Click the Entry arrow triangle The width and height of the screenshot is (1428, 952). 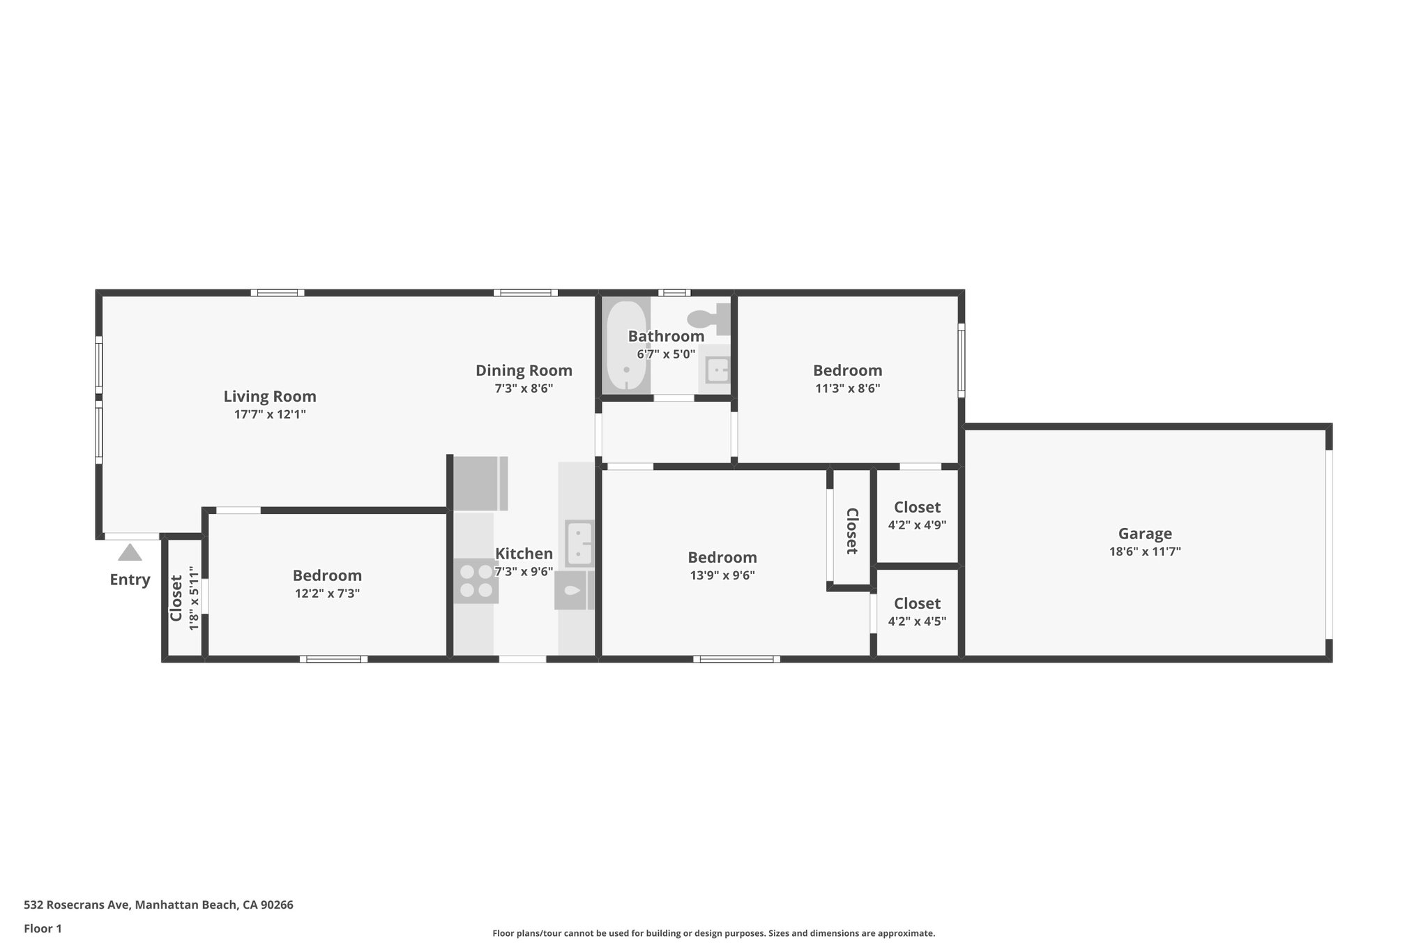coord(130,553)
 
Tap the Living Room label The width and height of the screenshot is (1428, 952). coord(270,396)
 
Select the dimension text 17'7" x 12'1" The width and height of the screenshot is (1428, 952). coord(270,414)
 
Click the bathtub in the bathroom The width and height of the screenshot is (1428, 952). coord(626,346)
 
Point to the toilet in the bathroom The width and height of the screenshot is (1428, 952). coord(708,319)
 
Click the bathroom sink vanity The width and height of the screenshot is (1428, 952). coord(715,369)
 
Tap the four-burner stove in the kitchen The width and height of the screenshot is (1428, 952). coord(476,581)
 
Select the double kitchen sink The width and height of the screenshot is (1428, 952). coord(579,543)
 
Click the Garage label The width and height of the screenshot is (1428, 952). coord(1145,534)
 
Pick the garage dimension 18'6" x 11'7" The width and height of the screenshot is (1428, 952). coord(1145,552)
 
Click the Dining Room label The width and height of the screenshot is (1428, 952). coord(524,370)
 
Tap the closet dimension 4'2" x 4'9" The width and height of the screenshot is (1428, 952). coord(917,525)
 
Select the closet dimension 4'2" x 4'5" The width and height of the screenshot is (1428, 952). coord(917,621)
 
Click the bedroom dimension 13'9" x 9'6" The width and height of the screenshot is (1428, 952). coord(722,575)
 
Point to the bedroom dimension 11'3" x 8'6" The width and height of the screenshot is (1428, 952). coord(847,388)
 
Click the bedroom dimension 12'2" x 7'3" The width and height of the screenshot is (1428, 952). coord(327,594)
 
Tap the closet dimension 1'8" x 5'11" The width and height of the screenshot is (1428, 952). coord(195,598)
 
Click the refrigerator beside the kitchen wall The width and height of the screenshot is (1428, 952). coord(479,483)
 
